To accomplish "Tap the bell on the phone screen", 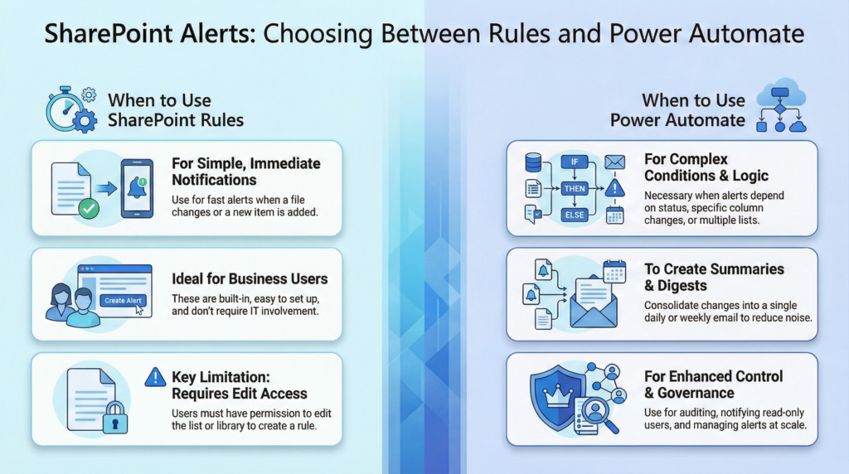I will click(137, 189).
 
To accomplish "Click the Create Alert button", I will click(123, 301).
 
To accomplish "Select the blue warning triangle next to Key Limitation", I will click(155, 377).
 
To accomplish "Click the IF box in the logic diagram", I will click(574, 162).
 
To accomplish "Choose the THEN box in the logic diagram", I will click(574, 188).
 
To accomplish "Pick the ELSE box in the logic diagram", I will click(574, 215).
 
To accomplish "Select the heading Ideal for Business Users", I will click(250, 278).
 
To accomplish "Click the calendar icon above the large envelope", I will click(614, 271).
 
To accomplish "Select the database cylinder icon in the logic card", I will click(533, 162).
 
